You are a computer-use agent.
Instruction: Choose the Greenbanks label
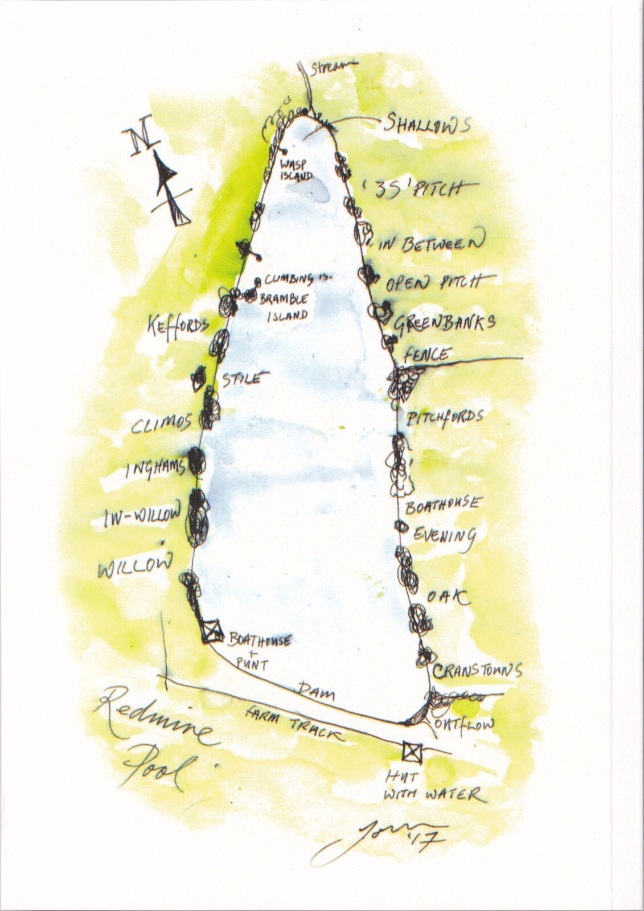pos(444,323)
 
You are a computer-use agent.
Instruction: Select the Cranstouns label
pos(477,671)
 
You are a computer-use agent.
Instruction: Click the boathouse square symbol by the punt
pos(213,631)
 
